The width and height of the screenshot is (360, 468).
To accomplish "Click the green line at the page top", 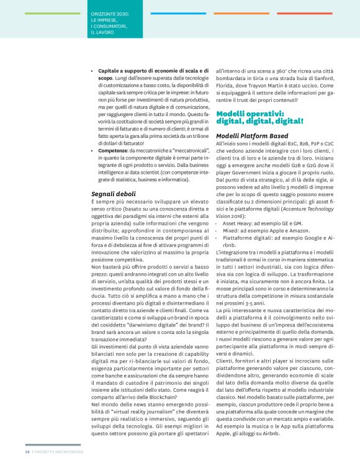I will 53,13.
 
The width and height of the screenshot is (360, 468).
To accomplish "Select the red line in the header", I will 304,13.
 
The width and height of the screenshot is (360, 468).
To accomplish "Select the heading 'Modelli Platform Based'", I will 252,135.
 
